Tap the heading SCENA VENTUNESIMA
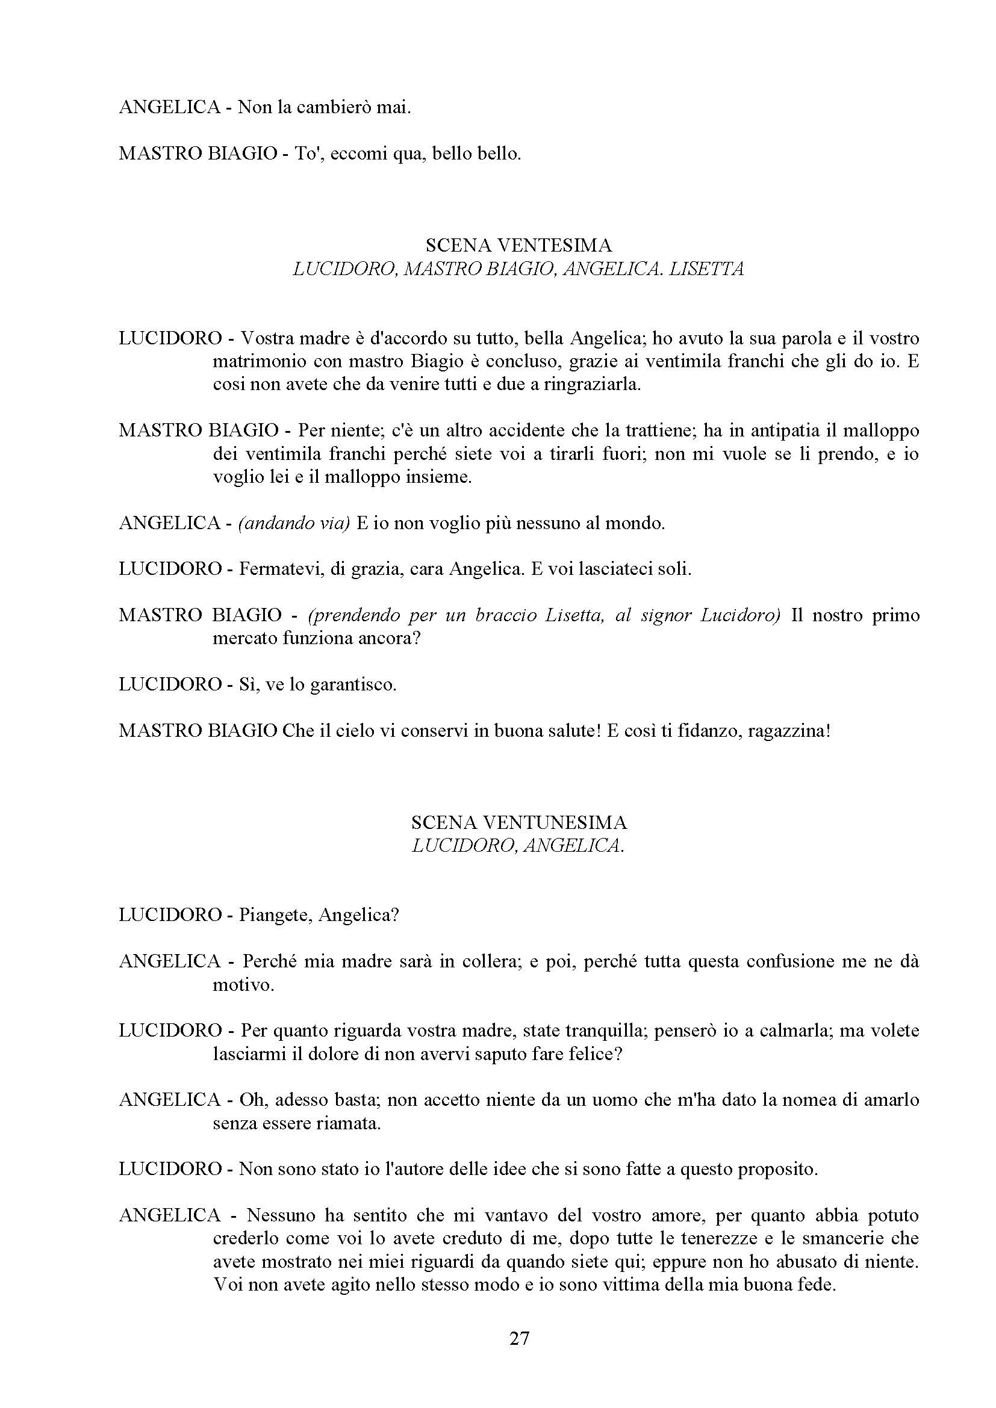point(519,822)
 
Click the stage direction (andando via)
point(294,523)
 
